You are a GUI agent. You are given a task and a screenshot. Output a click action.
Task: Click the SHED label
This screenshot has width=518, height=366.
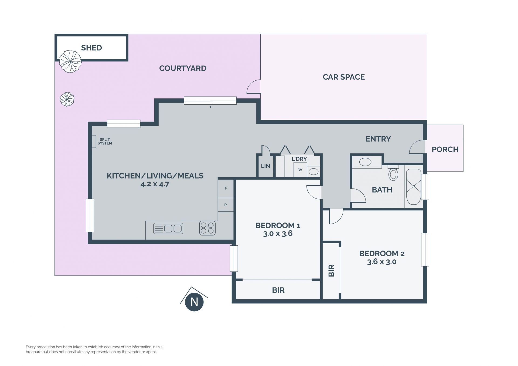click(91, 48)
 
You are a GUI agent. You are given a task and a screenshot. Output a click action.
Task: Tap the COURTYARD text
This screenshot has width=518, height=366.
click(183, 68)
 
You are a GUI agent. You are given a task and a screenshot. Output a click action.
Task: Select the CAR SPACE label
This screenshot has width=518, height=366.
click(344, 77)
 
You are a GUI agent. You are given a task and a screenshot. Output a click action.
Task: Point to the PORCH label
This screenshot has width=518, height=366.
click(445, 149)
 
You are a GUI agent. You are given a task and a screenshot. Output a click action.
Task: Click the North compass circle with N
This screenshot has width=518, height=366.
click(194, 302)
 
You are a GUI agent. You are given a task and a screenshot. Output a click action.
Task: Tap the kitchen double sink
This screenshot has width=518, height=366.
click(168, 228)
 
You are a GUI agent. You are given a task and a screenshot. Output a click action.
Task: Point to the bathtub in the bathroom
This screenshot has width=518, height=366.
click(414, 187)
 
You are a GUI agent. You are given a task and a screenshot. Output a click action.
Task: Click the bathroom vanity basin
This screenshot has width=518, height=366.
click(365, 162)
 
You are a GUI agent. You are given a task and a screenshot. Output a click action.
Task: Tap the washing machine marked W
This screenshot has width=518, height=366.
click(300, 170)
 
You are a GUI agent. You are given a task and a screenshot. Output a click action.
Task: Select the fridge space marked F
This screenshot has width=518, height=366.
click(226, 188)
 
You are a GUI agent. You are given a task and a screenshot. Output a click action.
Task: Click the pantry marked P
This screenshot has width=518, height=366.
click(226, 205)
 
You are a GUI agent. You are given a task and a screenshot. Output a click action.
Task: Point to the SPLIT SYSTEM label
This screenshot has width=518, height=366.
click(105, 141)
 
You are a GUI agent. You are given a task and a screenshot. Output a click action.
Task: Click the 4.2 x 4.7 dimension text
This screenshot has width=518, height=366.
click(155, 184)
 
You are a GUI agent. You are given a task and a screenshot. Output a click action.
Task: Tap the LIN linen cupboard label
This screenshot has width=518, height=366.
click(265, 166)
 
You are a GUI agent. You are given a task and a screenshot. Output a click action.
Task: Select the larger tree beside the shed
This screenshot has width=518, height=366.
click(70, 61)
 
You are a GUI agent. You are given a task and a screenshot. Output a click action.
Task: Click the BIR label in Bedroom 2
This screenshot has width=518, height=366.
click(332, 271)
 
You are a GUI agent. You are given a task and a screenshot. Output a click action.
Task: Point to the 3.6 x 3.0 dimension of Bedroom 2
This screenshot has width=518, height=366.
click(382, 262)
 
